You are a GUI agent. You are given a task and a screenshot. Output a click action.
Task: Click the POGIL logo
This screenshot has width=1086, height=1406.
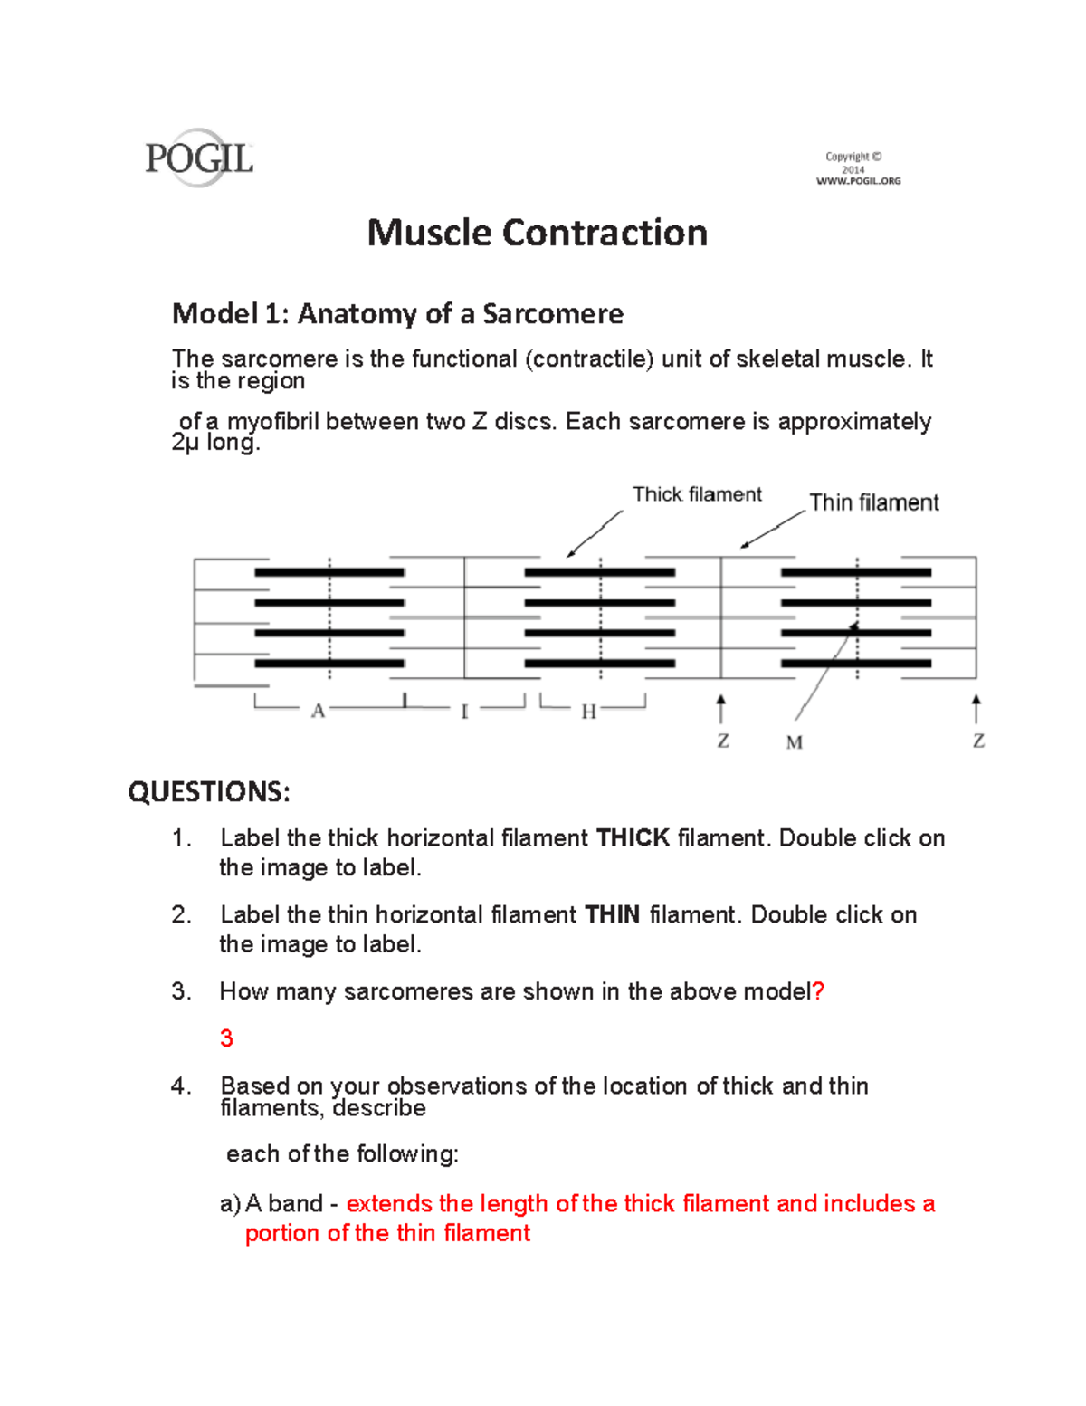[199, 158]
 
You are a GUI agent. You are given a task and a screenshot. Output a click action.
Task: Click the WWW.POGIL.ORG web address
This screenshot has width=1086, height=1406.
[858, 181]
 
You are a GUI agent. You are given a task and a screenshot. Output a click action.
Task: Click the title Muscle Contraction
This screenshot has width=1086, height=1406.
[537, 233]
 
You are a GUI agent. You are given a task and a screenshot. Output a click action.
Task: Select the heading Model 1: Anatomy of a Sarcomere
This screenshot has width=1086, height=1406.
[397, 313]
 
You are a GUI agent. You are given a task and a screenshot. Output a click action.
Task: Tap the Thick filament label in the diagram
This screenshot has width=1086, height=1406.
[697, 494]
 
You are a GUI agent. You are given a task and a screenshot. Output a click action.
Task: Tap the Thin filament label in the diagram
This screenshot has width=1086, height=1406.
[873, 502]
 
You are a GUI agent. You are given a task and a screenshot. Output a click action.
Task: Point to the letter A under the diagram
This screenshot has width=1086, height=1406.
[318, 712]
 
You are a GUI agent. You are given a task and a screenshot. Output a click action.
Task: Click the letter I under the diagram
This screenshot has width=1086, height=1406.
[464, 713]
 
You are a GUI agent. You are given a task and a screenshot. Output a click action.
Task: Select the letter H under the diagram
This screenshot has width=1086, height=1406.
[588, 713]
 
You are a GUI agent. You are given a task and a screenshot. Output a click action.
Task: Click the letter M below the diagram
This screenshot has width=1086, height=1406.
[794, 743]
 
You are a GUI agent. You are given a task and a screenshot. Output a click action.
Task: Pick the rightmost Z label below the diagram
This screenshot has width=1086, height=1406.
[978, 741]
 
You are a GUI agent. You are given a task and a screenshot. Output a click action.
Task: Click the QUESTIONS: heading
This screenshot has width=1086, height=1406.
[209, 792]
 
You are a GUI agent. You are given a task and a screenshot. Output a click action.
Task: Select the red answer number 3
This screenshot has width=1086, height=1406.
[226, 1038]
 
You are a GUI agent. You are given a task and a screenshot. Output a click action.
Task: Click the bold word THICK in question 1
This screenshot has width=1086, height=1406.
[633, 838]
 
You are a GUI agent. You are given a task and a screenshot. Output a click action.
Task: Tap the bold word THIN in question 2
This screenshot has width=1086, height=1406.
[613, 915]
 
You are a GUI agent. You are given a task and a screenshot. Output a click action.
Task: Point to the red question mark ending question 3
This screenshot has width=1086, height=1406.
[819, 991]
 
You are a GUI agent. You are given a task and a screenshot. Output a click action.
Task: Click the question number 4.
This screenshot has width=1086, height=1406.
[181, 1086]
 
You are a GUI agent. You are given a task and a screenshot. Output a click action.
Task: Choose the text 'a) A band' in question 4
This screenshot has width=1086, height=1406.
[271, 1204]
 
